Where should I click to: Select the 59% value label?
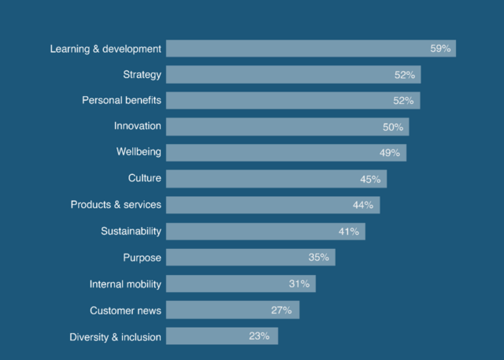(440, 49)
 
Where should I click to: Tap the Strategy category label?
(142, 75)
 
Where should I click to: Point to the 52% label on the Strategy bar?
(405, 75)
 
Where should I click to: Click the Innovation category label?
(137, 126)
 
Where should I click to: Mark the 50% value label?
(393, 127)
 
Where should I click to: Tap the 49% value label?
(391, 153)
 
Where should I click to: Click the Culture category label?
(144, 179)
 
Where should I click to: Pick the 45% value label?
(370, 179)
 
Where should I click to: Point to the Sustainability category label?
(131, 231)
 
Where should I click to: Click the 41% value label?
(349, 232)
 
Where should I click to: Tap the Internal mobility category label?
(125, 284)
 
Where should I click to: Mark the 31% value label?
(299, 284)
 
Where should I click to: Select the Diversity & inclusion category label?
(115, 336)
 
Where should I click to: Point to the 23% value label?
(259, 336)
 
